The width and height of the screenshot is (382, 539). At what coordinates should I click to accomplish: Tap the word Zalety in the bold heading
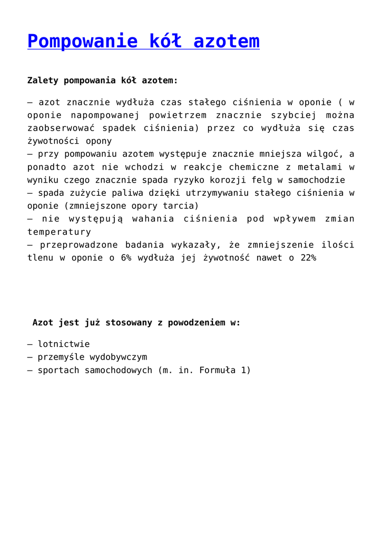(43, 81)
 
